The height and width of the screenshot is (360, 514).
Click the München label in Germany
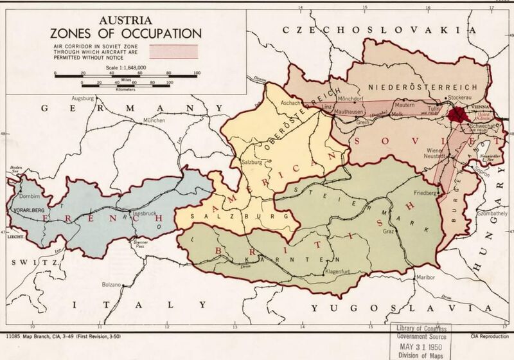coord(154,120)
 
